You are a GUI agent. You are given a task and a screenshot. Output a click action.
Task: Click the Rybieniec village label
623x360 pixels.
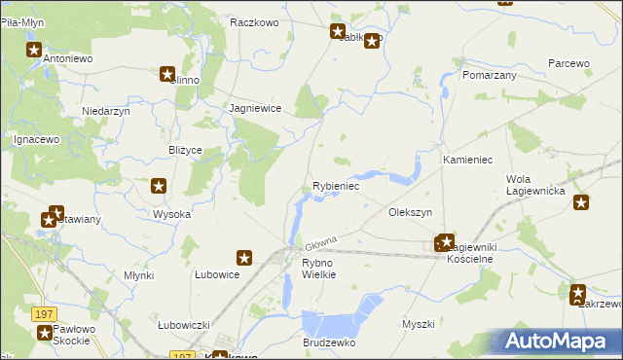point(336,186)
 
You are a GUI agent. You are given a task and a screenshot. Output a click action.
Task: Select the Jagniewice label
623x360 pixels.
point(255,109)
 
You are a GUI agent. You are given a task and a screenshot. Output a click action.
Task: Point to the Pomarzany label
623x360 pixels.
point(490,74)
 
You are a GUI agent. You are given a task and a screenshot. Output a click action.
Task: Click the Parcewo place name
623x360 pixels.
point(568,63)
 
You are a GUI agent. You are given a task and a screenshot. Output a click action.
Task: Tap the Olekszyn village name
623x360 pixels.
point(410,211)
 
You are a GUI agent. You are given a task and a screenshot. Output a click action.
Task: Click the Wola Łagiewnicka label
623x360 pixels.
point(536,185)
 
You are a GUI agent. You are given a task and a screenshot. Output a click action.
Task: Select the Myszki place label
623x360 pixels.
point(418,324)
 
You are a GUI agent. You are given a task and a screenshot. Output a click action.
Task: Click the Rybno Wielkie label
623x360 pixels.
point(318,269)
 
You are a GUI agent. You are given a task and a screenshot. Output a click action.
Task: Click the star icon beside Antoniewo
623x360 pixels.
point(34,51)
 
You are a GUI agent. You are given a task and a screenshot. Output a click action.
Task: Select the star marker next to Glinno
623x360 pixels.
point(167,73)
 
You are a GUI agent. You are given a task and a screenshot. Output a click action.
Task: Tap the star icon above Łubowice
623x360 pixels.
point(244,258)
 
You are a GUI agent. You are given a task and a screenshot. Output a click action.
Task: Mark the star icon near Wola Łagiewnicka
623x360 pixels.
point(581,202)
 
